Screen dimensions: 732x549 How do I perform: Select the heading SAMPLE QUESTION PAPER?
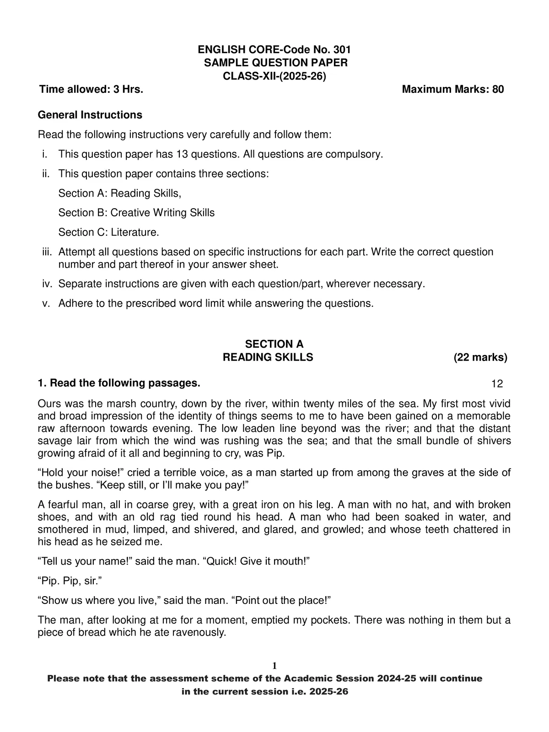pyautogui.click(x=275, y=63)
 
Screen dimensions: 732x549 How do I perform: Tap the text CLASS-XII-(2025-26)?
pyautogui.click(x=274, y=76)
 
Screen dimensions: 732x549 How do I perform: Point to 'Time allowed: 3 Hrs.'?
pyautogui.click(x=91, y=89)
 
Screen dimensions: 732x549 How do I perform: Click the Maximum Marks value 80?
pyautogui.click(x=498, y=89)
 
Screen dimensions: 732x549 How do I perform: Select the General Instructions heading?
pyautogui.click(x=90, y=115)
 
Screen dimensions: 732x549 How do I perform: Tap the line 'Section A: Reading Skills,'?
pyautogui.click(x=120, y=194)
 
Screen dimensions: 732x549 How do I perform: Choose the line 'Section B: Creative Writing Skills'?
pyautogui.click(x=136, y=213)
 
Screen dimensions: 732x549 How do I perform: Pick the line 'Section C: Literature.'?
pyautogui.click(x=109, y=232)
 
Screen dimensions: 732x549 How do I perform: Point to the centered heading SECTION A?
pyautogui.click(x=274, y=344)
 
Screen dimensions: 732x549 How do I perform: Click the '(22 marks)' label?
pyautogui.click(x=480, y=357)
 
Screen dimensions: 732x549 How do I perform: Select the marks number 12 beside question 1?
pyautogui.click(x=497, y=384)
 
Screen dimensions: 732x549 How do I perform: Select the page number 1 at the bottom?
pyautogui.click(x=274, y=665)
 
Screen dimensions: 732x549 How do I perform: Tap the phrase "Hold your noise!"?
pyautogui.click(x=79, y=473)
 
